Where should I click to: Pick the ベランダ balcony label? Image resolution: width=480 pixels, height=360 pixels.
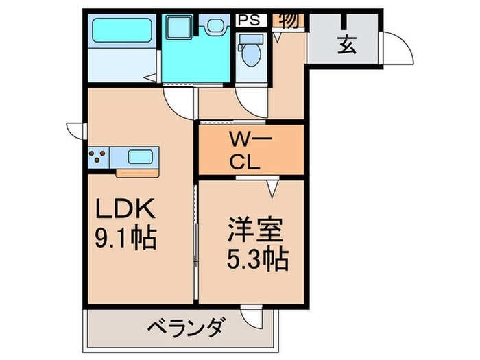point(184,326)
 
